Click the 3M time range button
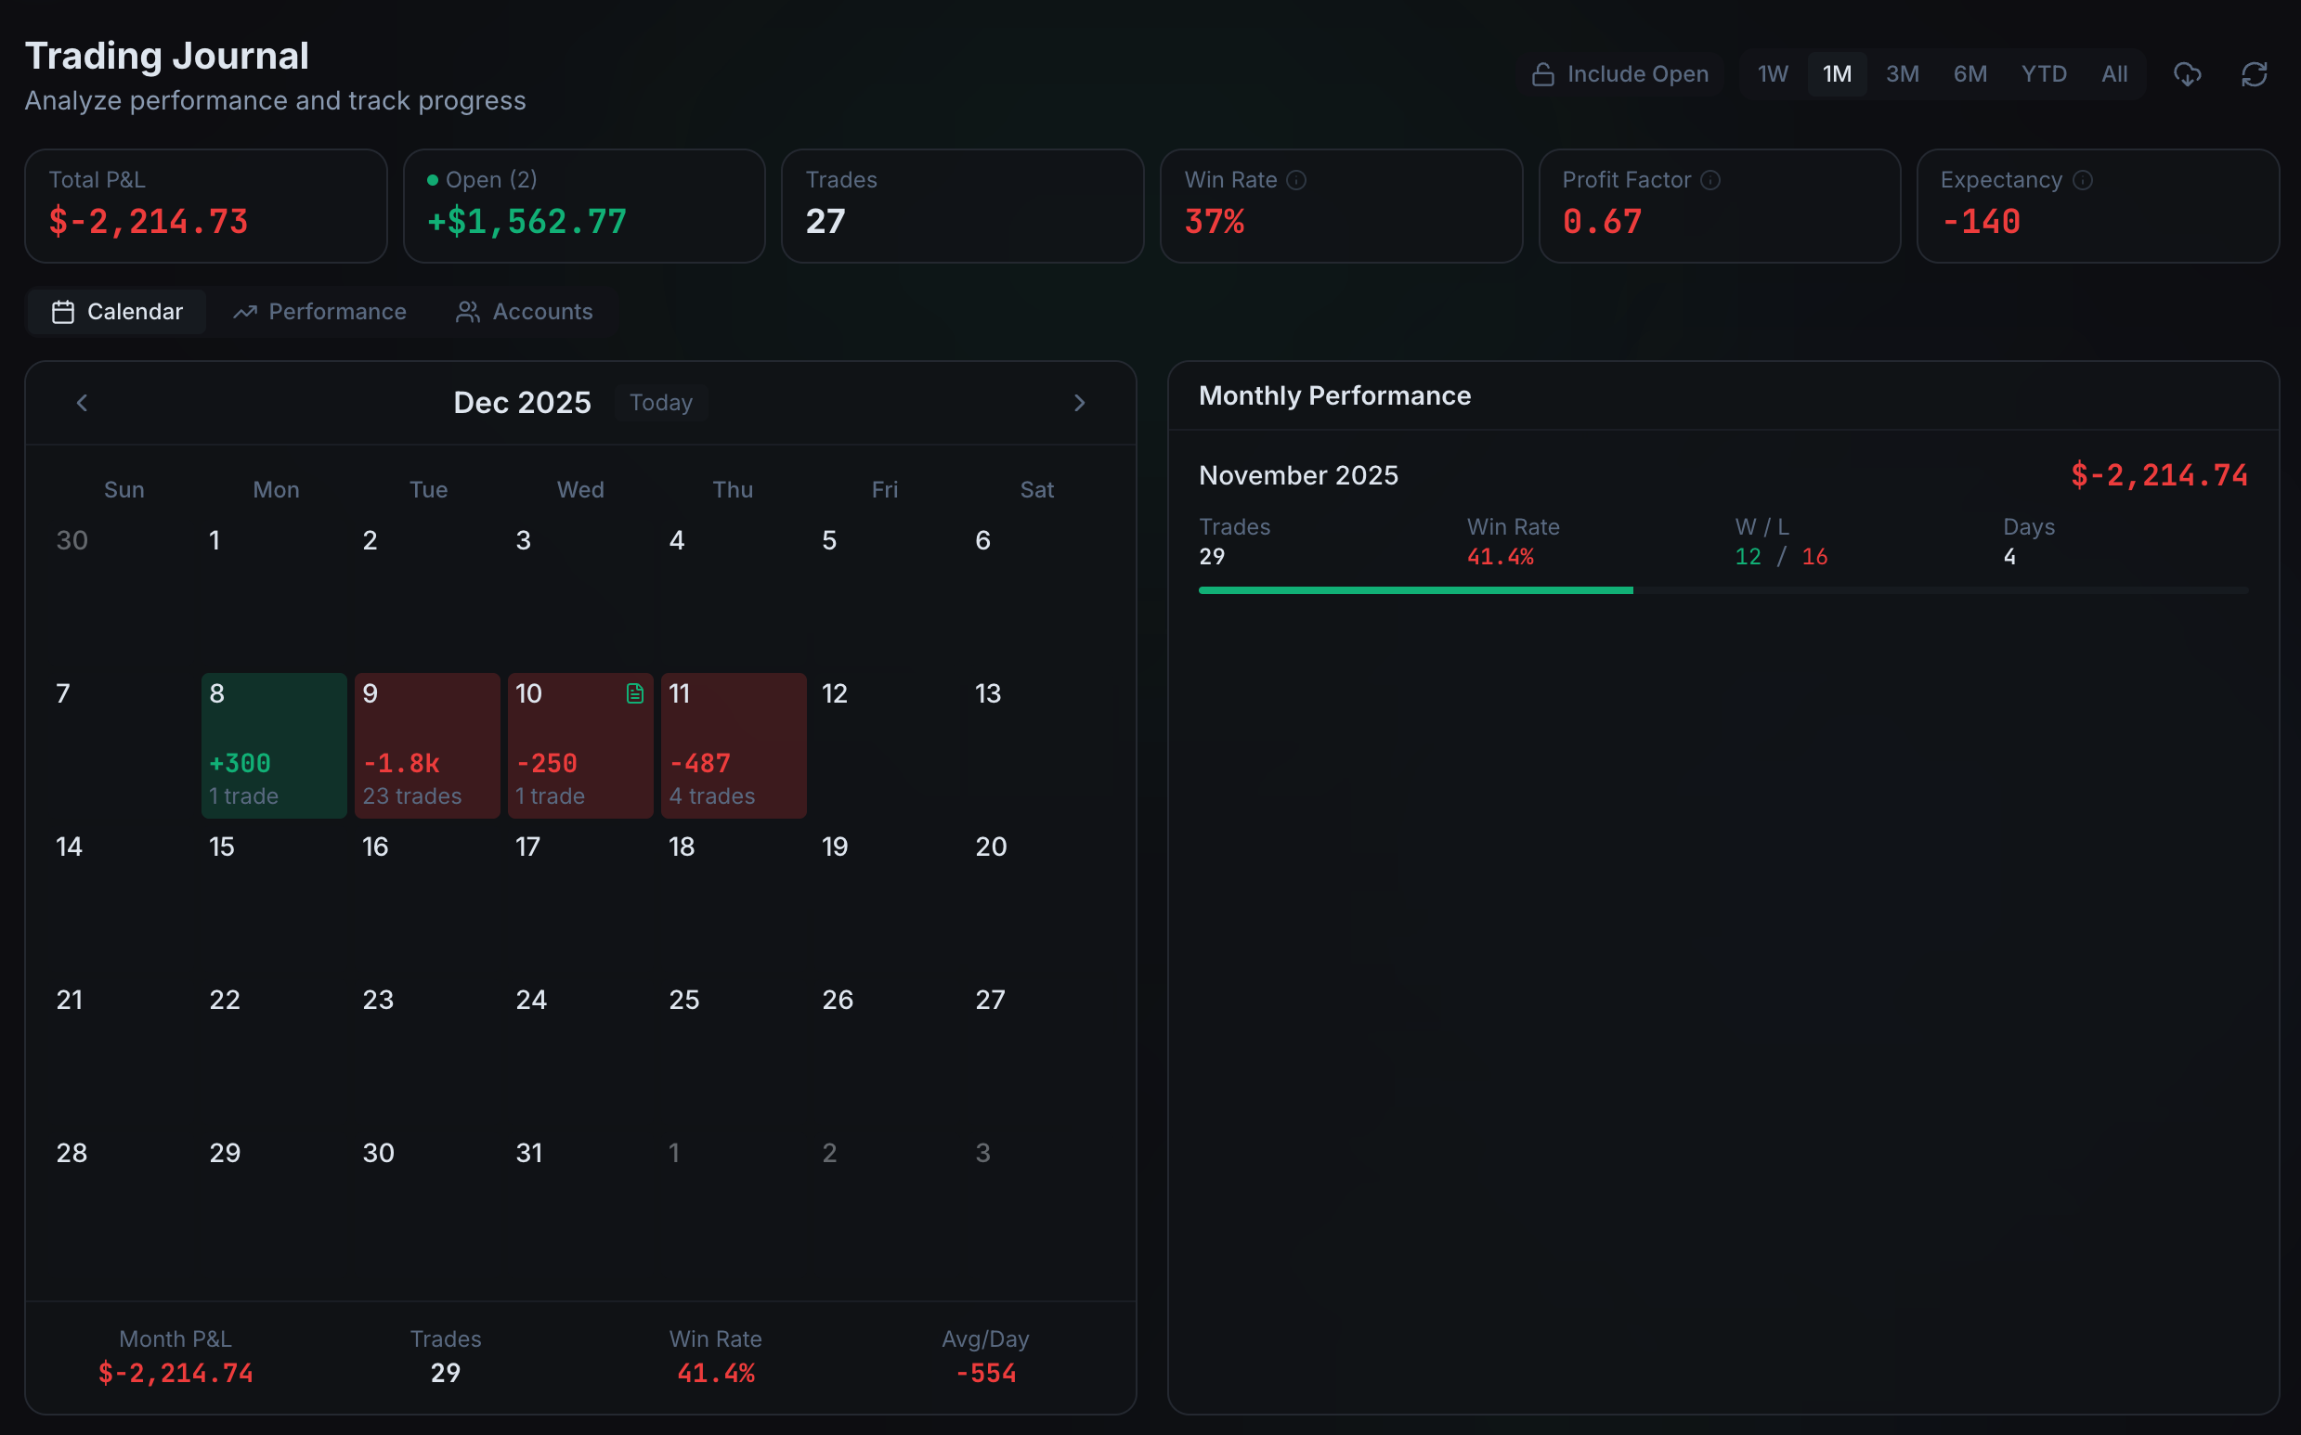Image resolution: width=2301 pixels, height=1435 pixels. (1902, 74)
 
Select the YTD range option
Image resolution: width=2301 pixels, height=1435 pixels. (2043, 74)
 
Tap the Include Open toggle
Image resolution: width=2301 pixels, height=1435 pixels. (1619, 74)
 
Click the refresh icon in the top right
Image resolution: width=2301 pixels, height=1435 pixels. (2254, 74)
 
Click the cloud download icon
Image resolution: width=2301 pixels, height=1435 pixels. (2187, 74)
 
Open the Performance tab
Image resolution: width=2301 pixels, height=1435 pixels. (320, 311)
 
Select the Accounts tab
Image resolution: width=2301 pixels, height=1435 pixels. (524, 311)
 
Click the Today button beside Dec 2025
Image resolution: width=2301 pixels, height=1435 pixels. (661, 403)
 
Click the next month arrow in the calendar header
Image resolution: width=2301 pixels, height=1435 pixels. (1078, 403)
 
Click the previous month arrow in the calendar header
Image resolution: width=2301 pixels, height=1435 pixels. (82, 403)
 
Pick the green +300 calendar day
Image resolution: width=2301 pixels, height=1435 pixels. (273, 746)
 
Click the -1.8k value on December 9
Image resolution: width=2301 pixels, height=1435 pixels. (401, 763)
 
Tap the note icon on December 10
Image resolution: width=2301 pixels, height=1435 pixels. (634, 693)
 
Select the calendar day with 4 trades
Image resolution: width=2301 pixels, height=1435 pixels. (733, 746)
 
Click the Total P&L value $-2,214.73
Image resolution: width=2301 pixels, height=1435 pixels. (148, 221)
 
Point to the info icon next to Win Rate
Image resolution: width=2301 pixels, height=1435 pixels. (1296, 180)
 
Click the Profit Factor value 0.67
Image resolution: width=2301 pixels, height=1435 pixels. (1602, 221)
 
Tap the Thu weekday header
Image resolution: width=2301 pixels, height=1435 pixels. (732, 490)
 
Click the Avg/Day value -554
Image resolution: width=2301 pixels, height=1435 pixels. (985, 1373)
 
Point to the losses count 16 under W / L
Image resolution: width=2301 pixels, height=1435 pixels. (1814, 557)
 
